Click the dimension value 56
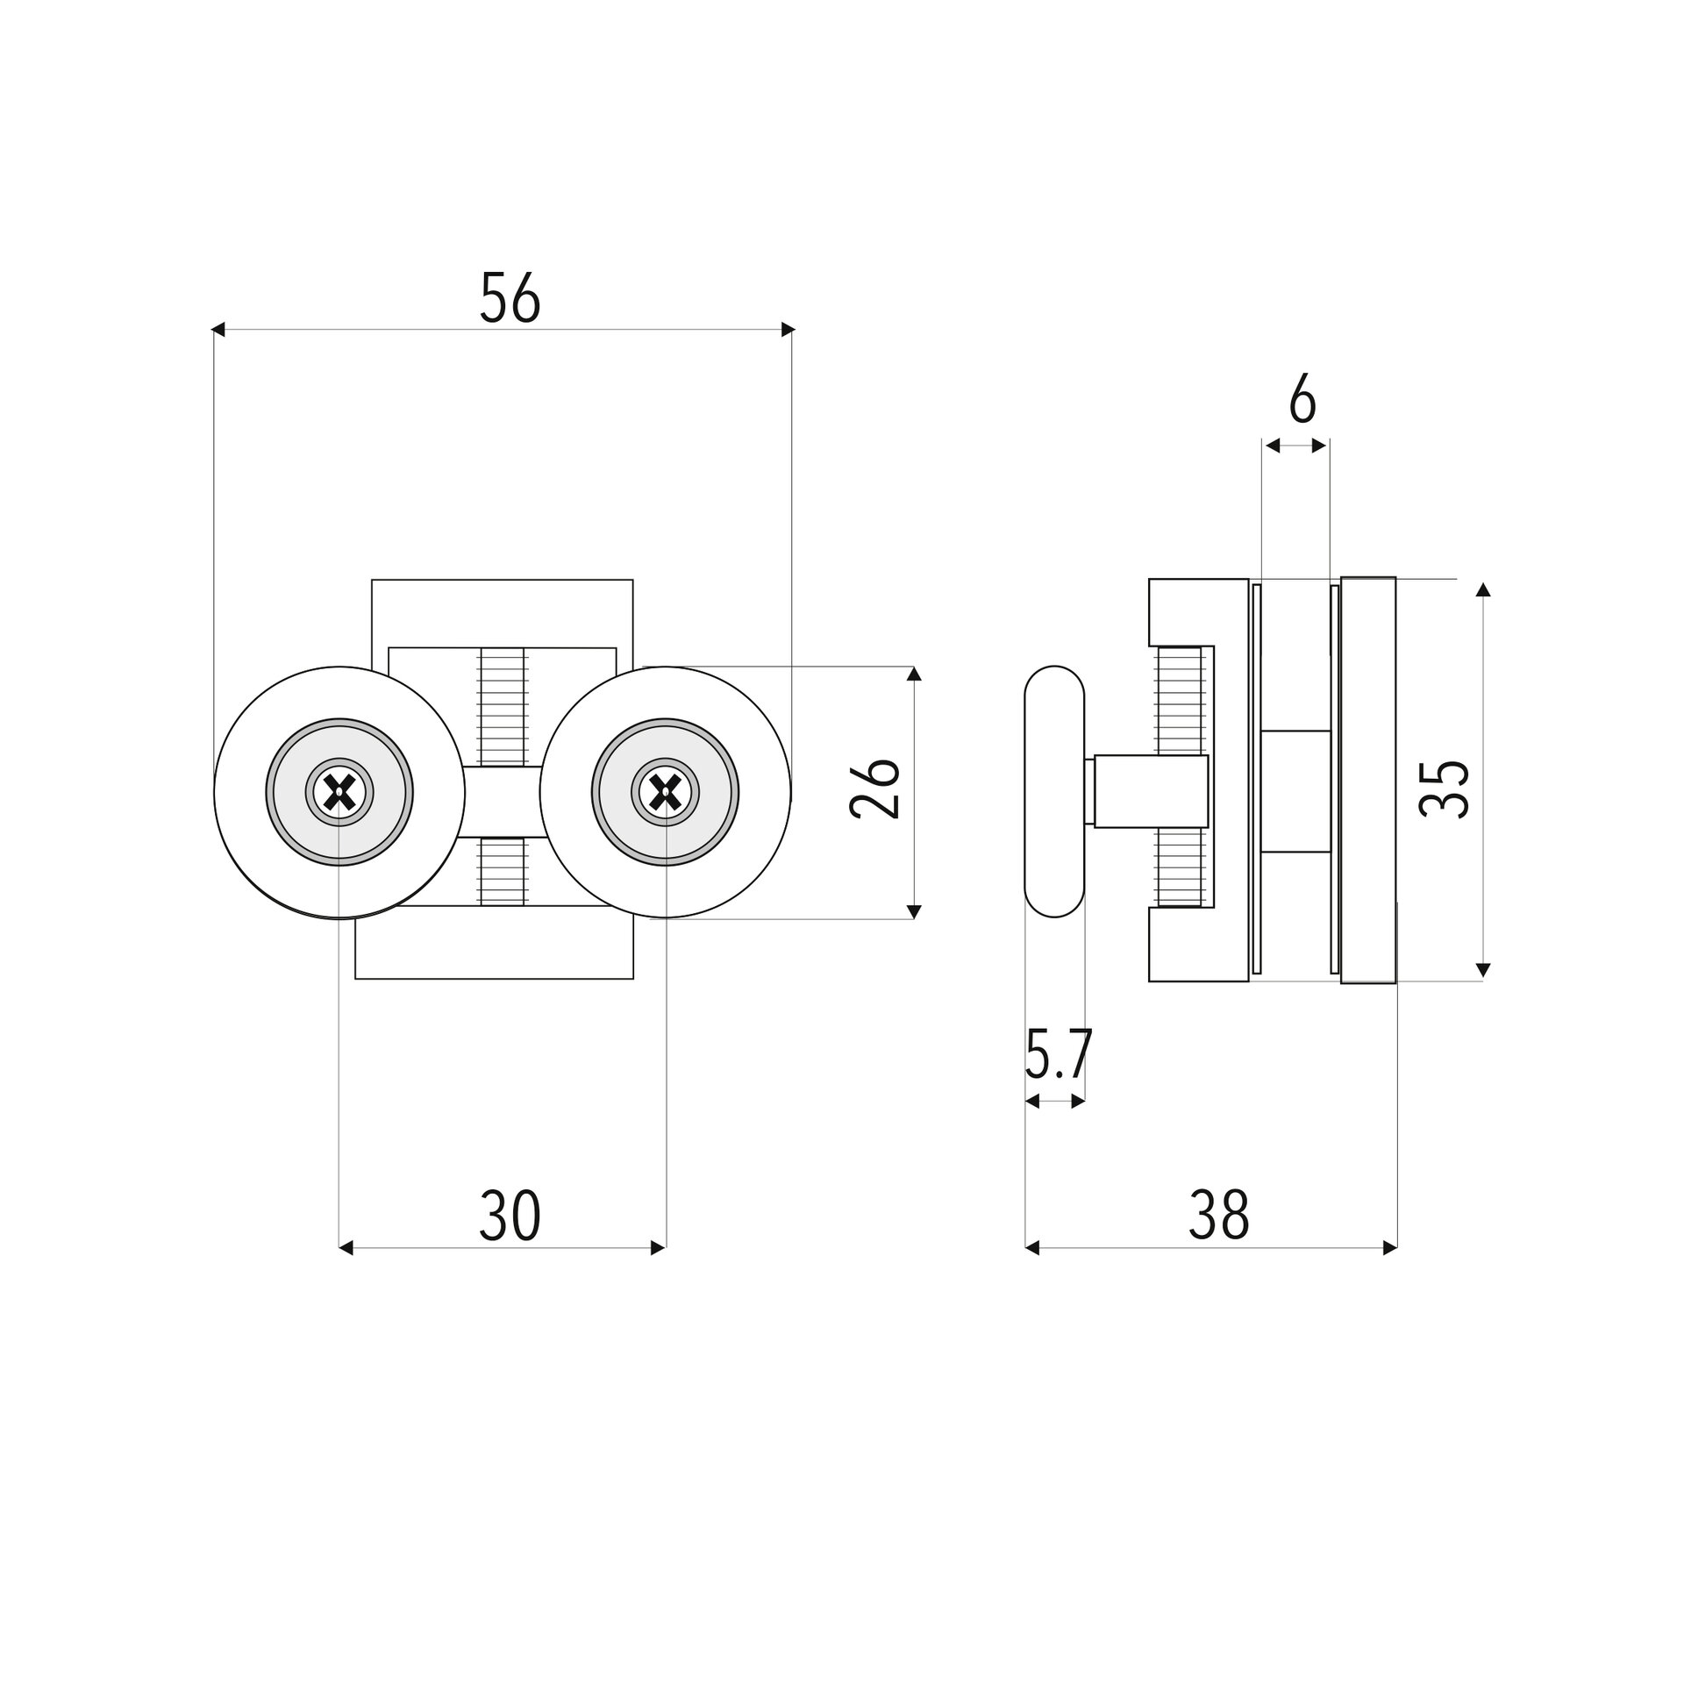tap(510, 297)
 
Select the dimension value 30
tap(510, 1216)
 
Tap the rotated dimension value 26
tap(875, 788)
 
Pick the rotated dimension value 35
tap(1444, 789)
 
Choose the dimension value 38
tap(1218, 1216)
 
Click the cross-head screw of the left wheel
tap(339, 793)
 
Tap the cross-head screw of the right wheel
tap(666, 793)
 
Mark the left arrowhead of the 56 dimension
tap(219, 330)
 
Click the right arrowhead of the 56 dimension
tap(788, 330)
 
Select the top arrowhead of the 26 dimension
tap(914, 674)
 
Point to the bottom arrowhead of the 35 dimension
tap(1483, 970)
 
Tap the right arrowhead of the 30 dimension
tap(659, 1248)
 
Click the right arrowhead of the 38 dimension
tap(1390, 1248)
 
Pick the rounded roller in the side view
tap(1054, 792)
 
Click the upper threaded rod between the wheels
tap(503, 707)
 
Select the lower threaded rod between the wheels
tap(503, 871)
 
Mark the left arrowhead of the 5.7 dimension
tap(1032, 1102)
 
